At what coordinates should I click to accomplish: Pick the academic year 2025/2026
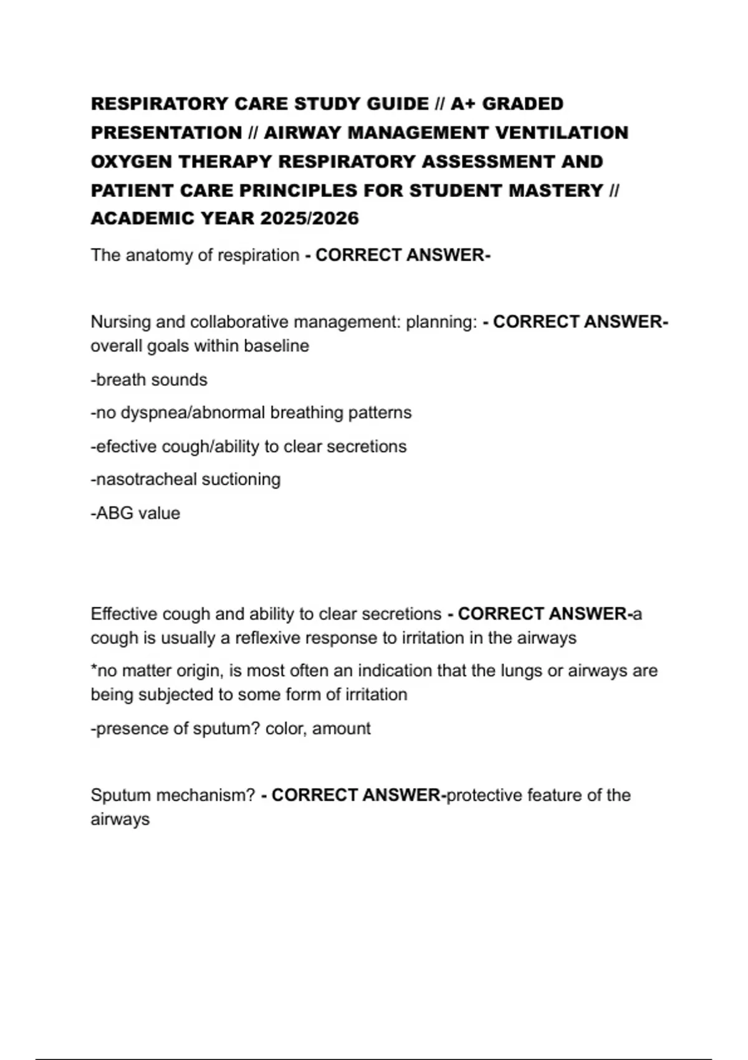pyautogui.click(x=310, y=218)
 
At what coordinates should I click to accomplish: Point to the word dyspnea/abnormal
pyautogui.click(x=193, y=413)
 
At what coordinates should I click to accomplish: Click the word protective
pyautogui.click(x=484, y=795)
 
